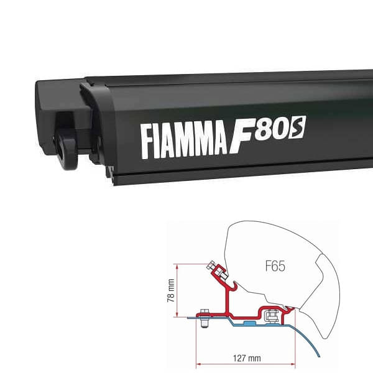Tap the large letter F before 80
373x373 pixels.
pyautogui.click(x=247, y=135)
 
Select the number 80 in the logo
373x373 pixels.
pyautogui.click(x=279, y=131)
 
